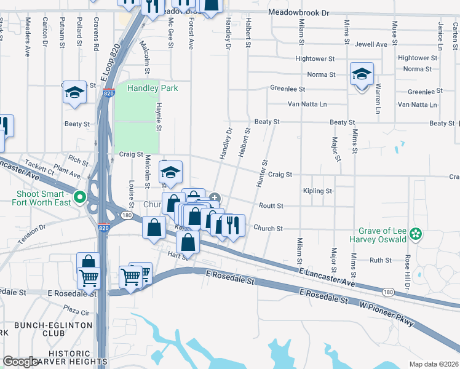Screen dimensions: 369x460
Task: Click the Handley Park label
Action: point(153,89)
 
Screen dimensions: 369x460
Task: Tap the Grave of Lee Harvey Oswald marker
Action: point(416,233)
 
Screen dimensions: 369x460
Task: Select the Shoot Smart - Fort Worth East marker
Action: point(79,197)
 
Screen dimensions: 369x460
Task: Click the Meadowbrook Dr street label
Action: point(299,13)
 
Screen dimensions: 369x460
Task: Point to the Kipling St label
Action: point(317,191)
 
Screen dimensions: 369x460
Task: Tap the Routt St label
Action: point(271,206)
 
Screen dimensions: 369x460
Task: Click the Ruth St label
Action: point(381,260)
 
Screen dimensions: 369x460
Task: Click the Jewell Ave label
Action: point(371,44)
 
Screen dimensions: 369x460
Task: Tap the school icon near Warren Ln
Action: point(362,74)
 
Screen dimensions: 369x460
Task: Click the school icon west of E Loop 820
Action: point(75,93)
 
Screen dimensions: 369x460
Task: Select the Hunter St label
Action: point(263,174)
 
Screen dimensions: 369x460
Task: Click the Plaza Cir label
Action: point(77,312)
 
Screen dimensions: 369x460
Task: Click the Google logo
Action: point(20,362)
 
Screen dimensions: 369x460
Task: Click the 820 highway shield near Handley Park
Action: point(108,93)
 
